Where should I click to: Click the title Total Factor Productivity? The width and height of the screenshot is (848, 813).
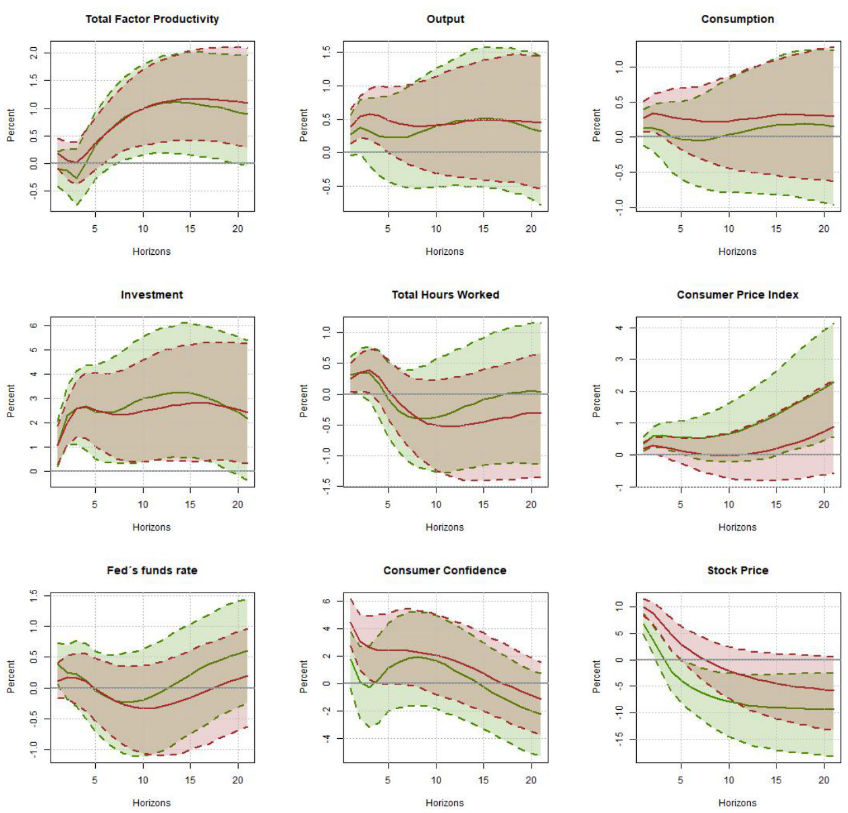tap(152, 19)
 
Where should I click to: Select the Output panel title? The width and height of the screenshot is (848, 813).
tap(445, 19)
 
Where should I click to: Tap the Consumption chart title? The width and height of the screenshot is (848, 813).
tap(737, 19)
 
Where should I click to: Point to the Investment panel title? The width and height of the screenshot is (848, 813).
tap(152, 295)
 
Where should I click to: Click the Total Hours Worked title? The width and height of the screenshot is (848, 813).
tap(445, 295)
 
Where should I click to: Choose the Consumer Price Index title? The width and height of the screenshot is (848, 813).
tap(737, 295)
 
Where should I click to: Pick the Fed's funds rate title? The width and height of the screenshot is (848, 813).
tap(152, 570)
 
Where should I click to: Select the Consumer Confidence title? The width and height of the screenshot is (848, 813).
tap(445, 570)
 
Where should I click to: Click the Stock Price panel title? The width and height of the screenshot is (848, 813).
tap(737, 570)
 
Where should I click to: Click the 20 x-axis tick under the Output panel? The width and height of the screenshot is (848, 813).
tap(531, 229)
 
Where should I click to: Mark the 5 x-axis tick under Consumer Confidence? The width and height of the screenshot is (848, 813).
tap(387, 780)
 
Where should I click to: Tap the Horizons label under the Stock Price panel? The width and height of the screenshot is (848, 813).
tap(737, 803)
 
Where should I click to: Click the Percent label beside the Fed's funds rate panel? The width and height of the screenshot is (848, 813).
tap(11, 676)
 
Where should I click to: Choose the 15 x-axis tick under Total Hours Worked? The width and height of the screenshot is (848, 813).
tap(483, 504)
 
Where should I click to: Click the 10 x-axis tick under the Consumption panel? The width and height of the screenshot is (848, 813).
tap(729, 229)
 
